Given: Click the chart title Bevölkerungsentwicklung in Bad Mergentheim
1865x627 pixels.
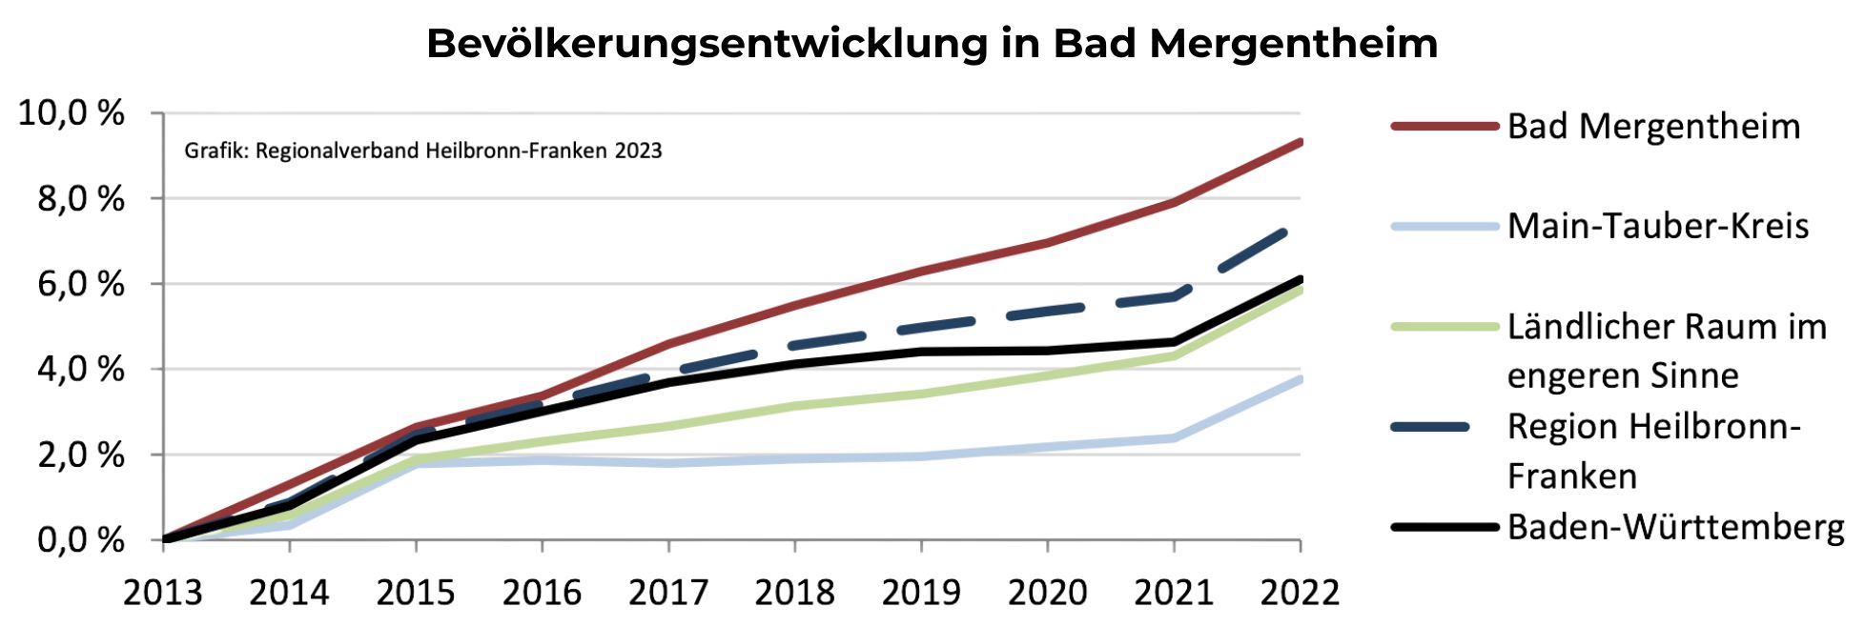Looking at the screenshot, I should click(932, 44).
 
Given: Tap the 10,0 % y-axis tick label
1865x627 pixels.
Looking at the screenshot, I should click(72, 113).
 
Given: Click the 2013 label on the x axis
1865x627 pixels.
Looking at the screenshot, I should click(163, 593).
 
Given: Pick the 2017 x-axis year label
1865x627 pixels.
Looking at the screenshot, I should click(667, 593).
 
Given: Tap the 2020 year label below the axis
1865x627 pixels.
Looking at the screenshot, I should click(1047, 593).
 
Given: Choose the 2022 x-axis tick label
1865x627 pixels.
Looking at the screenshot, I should click(1300, 593).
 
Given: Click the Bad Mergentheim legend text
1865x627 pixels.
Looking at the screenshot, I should click(1653, 127).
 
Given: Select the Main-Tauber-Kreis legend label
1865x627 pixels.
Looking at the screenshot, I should click(1657, 226).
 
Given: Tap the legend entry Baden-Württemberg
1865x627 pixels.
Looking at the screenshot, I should click(1675, 527).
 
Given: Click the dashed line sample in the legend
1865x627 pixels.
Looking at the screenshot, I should click(1430, 427).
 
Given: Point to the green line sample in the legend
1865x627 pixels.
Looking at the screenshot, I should click(1444, 327).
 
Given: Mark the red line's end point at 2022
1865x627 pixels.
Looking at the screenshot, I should click(1299, 143).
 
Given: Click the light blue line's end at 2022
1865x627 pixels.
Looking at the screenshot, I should click(1299, 379).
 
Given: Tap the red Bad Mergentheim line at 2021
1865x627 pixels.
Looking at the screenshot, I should click(1174, 201).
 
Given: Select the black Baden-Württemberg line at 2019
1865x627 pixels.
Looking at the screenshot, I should click(921, 352).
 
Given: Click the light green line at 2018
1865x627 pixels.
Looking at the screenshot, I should click(794, 406).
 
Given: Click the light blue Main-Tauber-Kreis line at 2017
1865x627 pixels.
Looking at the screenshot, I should click(668, 463).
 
